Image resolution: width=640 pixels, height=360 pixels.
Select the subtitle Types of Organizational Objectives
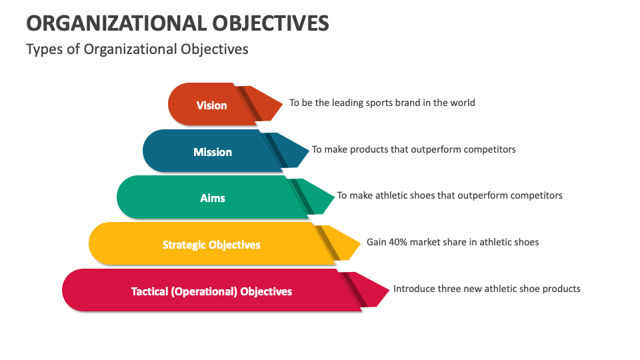[137, 49]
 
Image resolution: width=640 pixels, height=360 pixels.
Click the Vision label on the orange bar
[211, 105]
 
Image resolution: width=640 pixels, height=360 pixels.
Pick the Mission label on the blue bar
[213, 152]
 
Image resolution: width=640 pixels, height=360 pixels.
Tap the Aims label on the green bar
[213, 198]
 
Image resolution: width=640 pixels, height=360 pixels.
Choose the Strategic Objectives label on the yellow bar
[211, 245]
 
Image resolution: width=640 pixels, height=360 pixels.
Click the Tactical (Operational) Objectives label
[211, 291]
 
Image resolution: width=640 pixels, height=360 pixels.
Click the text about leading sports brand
[382, 103]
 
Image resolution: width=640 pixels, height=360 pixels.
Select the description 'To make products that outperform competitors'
[413, 149]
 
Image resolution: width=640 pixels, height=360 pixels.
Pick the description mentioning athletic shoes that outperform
[449, 195]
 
